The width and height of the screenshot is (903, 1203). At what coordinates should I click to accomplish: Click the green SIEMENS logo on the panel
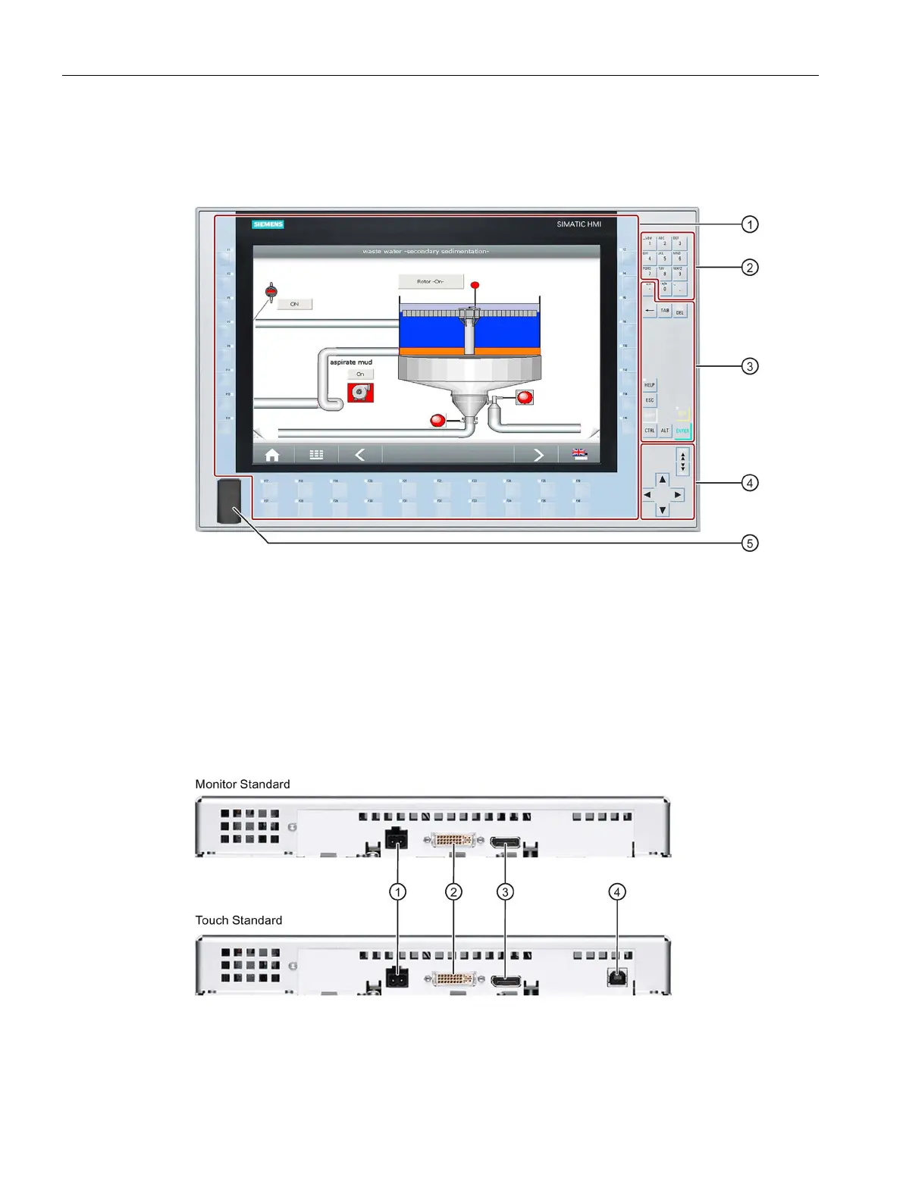[268, 224]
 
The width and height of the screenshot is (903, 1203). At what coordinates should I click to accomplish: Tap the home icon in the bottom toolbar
[272, 455]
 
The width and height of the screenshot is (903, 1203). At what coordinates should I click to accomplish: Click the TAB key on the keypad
[665, 311]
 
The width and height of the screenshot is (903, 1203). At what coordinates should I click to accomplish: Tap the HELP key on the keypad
[650, 385]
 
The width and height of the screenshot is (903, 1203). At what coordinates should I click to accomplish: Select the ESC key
[650, 400]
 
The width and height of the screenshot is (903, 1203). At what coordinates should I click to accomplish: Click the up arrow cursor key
[663, 479]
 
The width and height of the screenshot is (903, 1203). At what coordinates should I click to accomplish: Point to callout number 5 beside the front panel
[749, 543]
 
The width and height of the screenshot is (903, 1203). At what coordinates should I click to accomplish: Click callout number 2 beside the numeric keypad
[749, 267]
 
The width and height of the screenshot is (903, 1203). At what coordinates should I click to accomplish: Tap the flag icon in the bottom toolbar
[579, 455]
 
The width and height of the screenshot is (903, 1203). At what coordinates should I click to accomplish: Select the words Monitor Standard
[243, 785]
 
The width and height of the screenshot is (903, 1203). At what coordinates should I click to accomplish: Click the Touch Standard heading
[239, 920]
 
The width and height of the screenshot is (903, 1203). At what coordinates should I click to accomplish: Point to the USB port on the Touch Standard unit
[617, 977]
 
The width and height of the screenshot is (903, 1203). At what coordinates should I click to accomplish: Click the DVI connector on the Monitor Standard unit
[453, 840]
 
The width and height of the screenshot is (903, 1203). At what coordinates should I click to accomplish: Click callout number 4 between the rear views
[617, 892]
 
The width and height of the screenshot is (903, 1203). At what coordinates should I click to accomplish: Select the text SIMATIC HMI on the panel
[578, 224]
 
